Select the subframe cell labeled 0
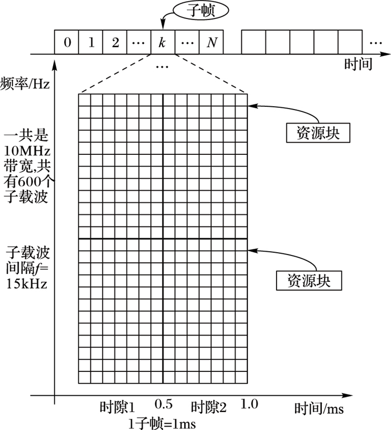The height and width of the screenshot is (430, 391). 67,42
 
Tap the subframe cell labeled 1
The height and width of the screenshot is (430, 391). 91,42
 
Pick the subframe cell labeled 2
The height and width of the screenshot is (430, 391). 115,42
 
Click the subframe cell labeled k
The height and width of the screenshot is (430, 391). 163,42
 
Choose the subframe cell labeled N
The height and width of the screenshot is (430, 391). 211,42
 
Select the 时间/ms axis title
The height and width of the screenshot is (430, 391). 320,409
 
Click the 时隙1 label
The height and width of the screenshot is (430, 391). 118,407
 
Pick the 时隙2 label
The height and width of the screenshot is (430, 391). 208,407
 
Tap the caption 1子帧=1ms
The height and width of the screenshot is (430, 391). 162,423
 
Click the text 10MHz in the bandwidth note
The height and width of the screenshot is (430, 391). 27,150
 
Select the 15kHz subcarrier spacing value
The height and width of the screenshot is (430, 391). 27,283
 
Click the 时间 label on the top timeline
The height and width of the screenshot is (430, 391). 358,64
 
